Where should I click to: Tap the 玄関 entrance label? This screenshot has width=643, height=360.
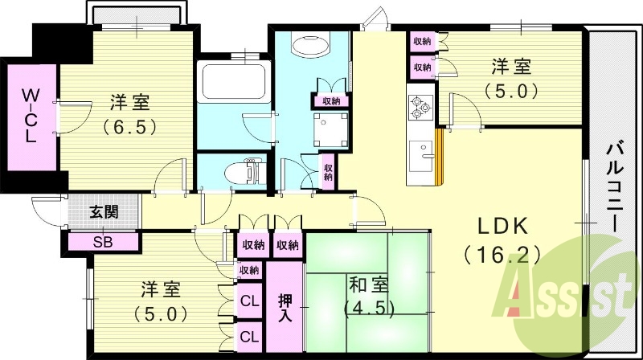tap(104, 212)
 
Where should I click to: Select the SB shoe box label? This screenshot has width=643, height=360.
tap(103, 240)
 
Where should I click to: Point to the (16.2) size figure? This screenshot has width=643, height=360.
tap(502, 256)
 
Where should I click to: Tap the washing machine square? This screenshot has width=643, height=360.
tap(331, 129)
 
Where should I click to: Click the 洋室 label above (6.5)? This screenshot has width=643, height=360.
tap(129, 103)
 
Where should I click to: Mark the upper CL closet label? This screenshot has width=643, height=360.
tap(249, 303)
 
